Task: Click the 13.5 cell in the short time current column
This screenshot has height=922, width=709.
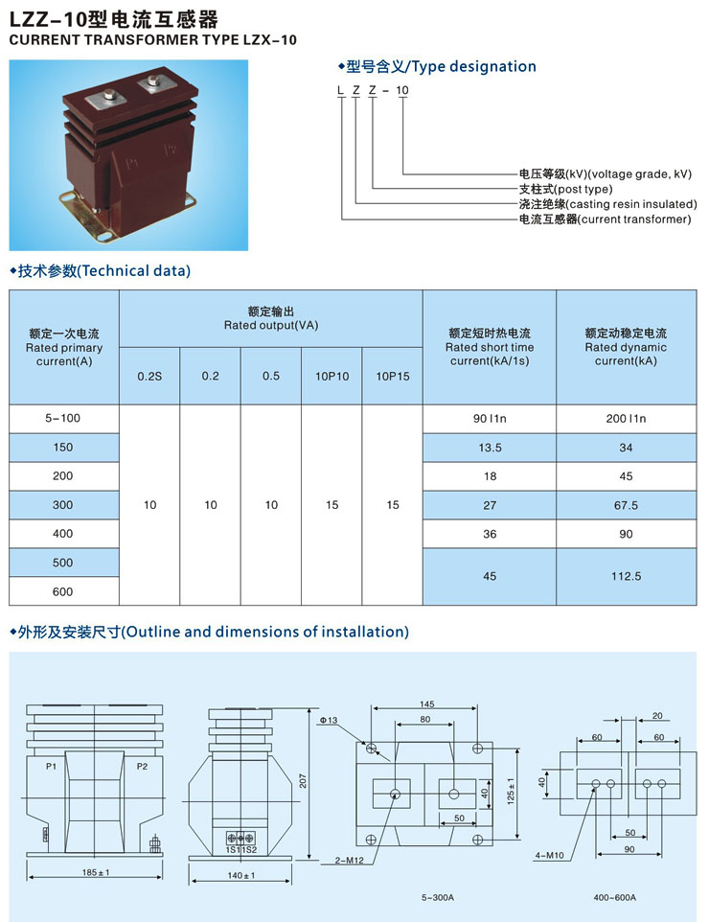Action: click(490, 448)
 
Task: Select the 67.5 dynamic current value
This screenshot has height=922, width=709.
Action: click(626, 505)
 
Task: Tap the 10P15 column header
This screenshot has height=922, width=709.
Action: click(393, 377)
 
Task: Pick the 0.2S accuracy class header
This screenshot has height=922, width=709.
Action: click(149, 377)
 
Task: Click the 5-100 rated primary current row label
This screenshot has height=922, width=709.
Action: click(63, 418)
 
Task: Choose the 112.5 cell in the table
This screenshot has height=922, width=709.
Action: click(626, 576)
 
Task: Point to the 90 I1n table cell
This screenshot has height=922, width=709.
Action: click(490, 419)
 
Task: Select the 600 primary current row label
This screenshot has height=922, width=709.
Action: click(63, 591)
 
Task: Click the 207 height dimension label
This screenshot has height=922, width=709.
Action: click(303, 781)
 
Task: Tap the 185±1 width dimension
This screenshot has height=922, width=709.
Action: click(96, 872)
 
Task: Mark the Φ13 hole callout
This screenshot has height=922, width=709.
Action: click(329, 720)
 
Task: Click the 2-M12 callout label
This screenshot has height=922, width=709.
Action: click(349, 861)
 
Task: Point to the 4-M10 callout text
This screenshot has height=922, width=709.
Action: click(549, 856)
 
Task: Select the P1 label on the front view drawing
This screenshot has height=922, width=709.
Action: click(51, 766)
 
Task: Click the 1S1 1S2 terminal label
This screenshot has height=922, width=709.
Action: click(241, 850)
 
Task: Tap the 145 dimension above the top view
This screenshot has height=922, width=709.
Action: click(426, 703)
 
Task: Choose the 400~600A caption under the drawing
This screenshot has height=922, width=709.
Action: click(614, 897)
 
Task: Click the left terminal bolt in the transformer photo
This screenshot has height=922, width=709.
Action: click(109, 94)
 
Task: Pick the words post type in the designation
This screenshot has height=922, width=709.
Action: click(583, 190)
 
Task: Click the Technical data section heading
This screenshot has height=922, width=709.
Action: click(101, 271)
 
